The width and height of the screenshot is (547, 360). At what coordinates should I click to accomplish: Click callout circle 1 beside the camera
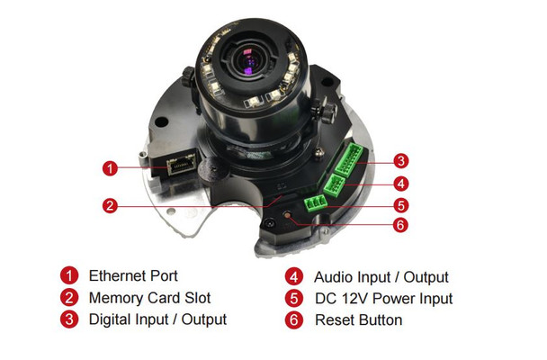[x=110, y=168]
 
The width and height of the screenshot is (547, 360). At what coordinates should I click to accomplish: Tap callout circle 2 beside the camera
[x=110, y=205]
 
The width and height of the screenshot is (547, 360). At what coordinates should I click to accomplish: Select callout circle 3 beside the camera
[x=401, y=162]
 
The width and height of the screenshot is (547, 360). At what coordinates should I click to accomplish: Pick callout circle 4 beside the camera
[x=401, y=184]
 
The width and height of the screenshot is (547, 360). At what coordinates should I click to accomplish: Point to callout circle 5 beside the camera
[x=401, y=204]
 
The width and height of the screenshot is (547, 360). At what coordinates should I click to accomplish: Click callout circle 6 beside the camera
[x=401, y=225]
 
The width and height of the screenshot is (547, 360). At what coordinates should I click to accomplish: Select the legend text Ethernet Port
[x=133, y=276]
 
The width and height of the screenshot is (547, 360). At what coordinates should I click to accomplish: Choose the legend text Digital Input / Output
[x=157, y=319]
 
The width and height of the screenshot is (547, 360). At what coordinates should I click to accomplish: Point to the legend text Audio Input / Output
[x=381, y=277]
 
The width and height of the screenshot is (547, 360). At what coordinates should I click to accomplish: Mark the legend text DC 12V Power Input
[x=383, y=299]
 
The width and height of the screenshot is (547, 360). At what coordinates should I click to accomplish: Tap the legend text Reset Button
[x=358, y=320]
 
